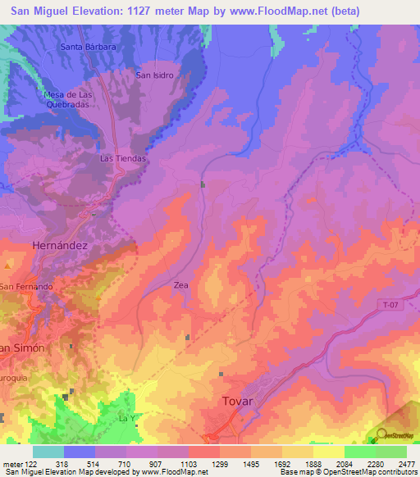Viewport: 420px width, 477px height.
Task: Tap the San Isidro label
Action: click(155, 75)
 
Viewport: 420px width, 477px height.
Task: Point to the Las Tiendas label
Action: click(123, 157)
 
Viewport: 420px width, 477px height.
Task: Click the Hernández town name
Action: click(59, 245)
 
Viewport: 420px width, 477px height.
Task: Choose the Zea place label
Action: click(181, 285)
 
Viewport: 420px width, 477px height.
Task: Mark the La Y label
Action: click(126, 419)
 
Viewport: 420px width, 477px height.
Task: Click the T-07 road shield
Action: click(391, 305)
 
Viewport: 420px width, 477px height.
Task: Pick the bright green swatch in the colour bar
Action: click(359, 452)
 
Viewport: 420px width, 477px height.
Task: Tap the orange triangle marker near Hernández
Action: click(8, 266)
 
